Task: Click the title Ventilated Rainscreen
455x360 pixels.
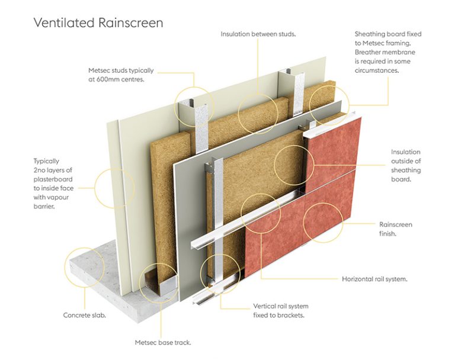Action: click(x=98, y=23)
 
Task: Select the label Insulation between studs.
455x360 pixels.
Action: click(x=258, y=34)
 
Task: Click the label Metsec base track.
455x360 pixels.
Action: click(x=162, y=342)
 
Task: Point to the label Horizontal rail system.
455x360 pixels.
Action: click(x=374, y=278)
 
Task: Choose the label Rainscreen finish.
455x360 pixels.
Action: click(x=395, y=229)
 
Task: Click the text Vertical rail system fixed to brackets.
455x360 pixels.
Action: click(x=281, y=310)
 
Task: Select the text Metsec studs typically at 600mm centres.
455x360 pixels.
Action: click(x=123, y=75)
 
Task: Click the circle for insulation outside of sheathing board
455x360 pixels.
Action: click(x=294, y=163)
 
